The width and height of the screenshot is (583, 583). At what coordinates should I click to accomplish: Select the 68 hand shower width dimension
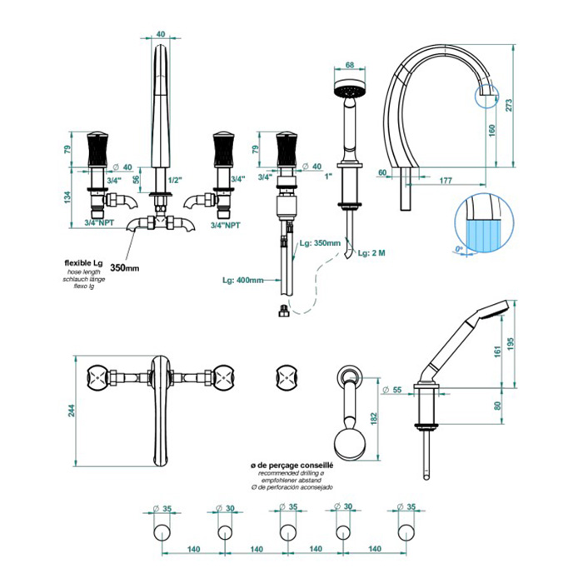(x=351, y=64)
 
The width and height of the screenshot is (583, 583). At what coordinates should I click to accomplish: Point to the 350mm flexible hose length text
(x=125, y=268)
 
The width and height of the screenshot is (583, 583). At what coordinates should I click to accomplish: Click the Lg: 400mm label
(x=243, y=280)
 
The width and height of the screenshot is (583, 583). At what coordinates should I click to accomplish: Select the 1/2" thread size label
(x=176, y=179)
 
